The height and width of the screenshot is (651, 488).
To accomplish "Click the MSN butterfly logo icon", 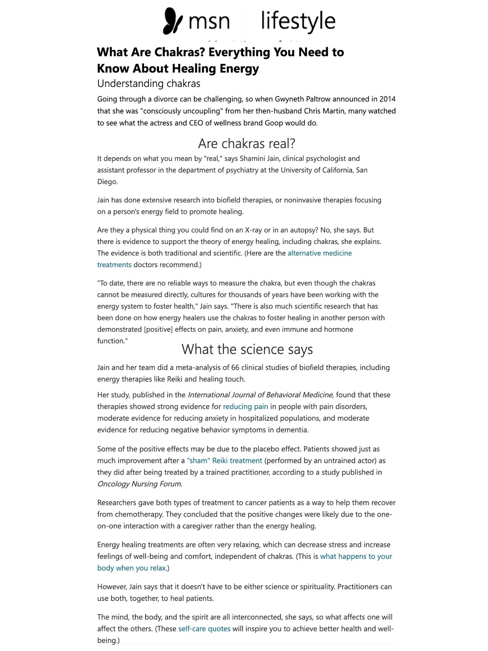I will tap(172, 21).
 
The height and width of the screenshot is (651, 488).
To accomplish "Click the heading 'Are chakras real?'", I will tap(246, 143).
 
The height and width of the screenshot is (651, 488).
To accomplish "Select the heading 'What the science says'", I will tap(247, 349).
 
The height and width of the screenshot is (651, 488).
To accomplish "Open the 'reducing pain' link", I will tap(246, 406).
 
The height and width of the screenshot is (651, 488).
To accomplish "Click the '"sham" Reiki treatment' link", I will tap(224, 461).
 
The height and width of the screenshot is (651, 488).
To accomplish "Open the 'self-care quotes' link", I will tap(204, 629).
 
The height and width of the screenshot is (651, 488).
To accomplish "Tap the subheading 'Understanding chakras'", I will tap(148, 83).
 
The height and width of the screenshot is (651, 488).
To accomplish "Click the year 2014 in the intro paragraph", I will tap(387, 99).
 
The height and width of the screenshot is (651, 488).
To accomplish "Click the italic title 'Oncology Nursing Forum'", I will tap(139, 484).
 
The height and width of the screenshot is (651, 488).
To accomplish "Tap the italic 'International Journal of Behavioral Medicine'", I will tap(260, 395).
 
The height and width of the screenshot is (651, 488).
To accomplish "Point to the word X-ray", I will tap(253, 230).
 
